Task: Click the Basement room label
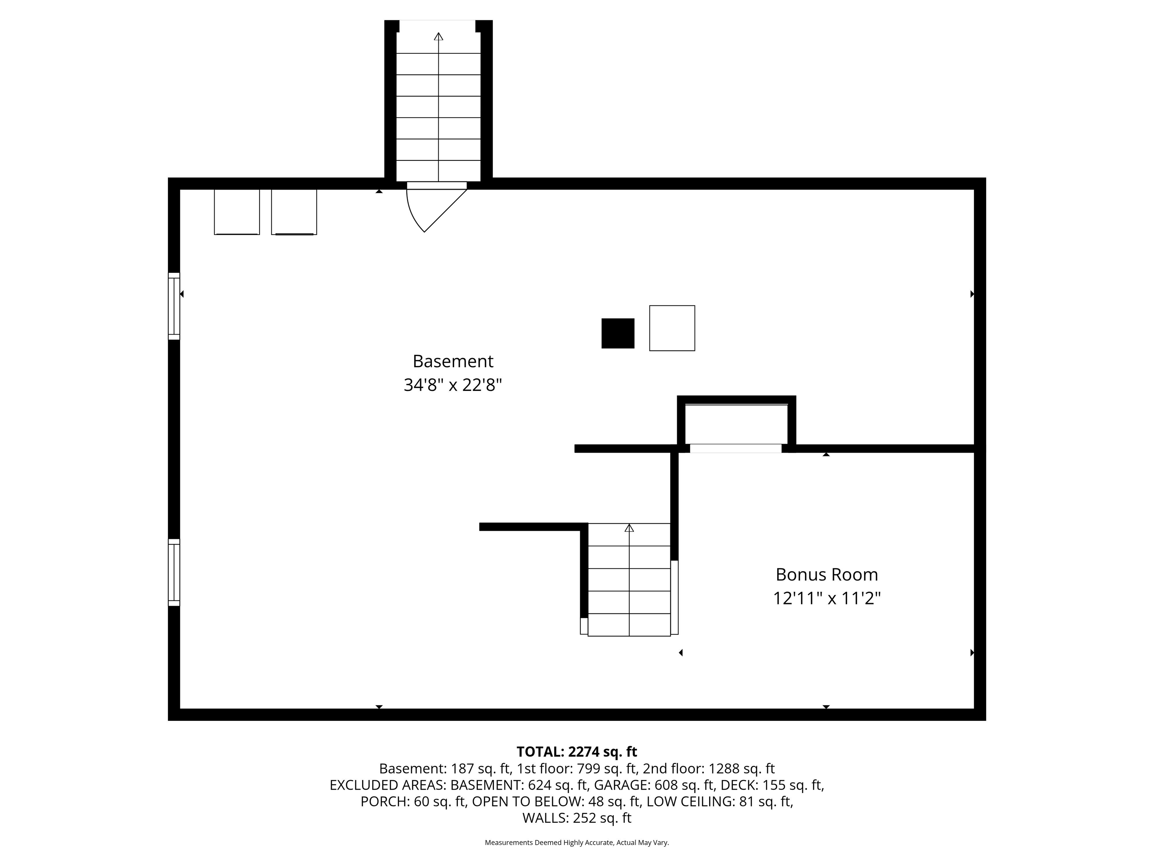coord(452,361)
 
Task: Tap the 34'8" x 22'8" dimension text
coord(452,385)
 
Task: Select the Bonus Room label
coord(826,574)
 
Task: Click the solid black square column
coord(618,333)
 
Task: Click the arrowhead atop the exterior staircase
coord(438,36)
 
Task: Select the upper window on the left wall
coord(174,306)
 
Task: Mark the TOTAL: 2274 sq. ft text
coord(577,752)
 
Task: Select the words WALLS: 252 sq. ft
coord(577,818)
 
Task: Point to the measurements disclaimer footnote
coord(577,843)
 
